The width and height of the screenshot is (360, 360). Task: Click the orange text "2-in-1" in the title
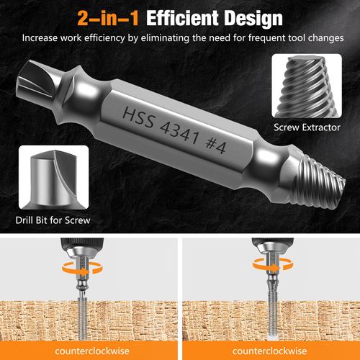pyautogui.click(x=107, y=16)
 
